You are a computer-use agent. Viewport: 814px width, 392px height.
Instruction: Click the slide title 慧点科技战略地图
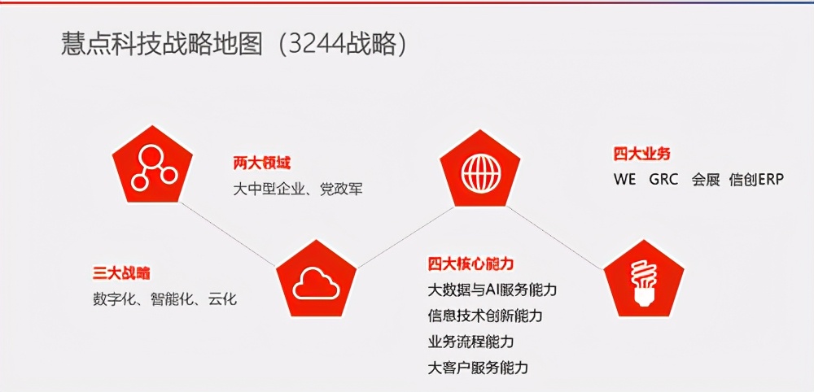click(x=163, y=44)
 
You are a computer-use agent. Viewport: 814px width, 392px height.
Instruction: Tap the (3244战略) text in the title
click(x=342, y=44)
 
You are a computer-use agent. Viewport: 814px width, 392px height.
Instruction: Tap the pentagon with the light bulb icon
click(x=644, y=277)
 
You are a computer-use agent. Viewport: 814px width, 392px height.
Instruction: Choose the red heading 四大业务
click(x=642, y=154)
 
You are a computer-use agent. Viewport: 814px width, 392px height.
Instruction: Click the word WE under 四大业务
click(x=625, y=180)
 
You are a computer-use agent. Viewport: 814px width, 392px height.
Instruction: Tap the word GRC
click(x=663, y=180)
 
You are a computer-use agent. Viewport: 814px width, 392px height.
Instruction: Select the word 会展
click(x=706, y=180)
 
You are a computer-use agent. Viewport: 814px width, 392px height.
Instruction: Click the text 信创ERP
click(x=756, y=180)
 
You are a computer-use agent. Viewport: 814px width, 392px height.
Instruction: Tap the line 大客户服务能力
click(x=478, y=368)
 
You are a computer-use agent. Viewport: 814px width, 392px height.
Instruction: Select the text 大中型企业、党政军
click(x=298, y=189)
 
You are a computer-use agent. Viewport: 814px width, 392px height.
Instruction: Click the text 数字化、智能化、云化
click(x=165, y=298)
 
